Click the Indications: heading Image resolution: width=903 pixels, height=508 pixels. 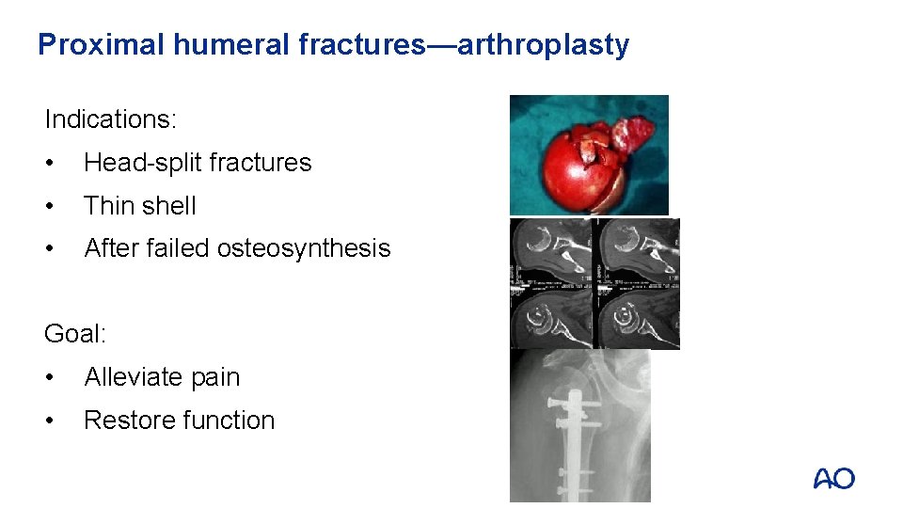[x=111, y=119]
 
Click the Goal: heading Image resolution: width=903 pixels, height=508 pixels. [x=75, y=334]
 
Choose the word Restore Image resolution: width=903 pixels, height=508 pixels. [x=123, y=421]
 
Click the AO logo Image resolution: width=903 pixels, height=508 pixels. [x=833, y=479]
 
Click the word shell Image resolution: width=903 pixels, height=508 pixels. [x=169, y=206]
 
